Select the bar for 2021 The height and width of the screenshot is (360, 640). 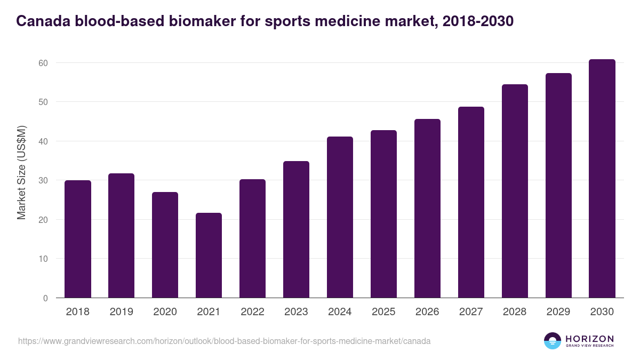coord(209,255)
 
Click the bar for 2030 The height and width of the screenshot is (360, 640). coord(602,179)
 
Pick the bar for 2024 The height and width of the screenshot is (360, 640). coord(340,217)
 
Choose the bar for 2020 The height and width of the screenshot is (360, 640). coord(165,245)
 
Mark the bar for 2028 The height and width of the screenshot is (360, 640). coord(515,191)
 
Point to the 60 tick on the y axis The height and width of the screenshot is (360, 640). coord(43,63)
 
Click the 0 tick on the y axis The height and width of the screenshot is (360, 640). coord(45,298)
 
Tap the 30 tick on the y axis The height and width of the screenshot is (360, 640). coord(43,180)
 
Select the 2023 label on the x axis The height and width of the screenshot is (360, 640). coord(296,312)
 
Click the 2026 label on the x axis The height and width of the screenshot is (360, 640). coord(427,312)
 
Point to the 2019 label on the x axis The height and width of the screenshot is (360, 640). coord(121,312)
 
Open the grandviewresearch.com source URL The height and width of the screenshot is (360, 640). coord(224,341)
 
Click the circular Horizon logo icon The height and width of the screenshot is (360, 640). coord(553,341)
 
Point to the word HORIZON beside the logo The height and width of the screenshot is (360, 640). coord(589,338)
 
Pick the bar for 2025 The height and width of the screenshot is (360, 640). coord(383,214)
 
